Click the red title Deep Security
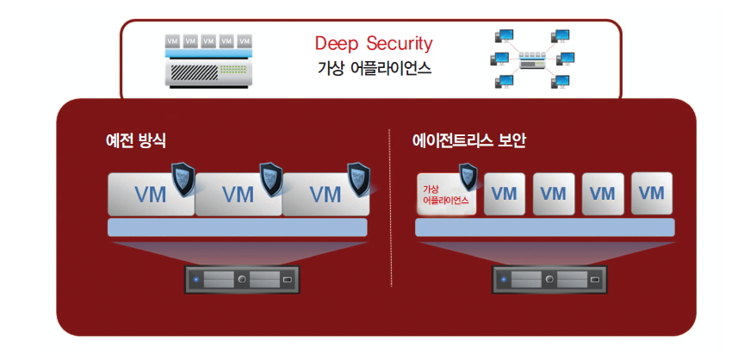[373, 43]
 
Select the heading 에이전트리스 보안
[468, 140]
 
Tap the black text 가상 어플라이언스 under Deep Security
[373, 69]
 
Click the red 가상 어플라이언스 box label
[445, 195]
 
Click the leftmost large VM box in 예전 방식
[150, 194]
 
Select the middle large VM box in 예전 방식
[239, 194]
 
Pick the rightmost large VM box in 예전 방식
[325, 194]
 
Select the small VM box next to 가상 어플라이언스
[505, 194]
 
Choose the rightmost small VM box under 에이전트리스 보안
[651, 193]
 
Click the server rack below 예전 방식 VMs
[242, 279]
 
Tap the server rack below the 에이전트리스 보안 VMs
[549, 279]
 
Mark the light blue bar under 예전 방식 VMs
[238, 227]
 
